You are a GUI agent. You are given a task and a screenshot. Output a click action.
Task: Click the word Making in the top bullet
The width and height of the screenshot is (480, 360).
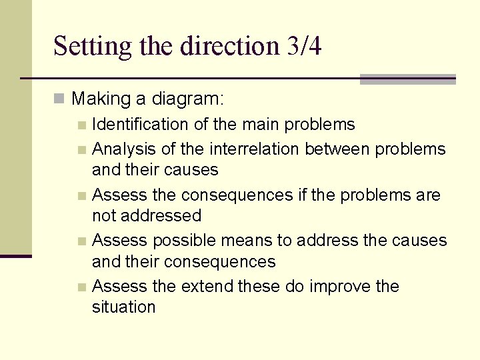click(x=102, y=99)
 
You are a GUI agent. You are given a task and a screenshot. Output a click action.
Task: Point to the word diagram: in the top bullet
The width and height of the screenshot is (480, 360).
click(x=189, y=100)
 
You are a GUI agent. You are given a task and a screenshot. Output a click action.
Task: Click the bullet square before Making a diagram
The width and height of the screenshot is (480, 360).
click(x=59, y=100)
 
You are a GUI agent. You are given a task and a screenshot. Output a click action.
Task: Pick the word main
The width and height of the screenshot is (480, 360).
click(x=261, y=125)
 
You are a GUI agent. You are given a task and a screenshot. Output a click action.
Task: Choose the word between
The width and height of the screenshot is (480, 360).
click(x=348, y=149)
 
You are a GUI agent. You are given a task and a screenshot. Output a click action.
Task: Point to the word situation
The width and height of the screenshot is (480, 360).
click(x=124, y=307)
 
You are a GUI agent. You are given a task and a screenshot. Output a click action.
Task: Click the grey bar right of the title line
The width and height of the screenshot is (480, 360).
click(x=407, y=79)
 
